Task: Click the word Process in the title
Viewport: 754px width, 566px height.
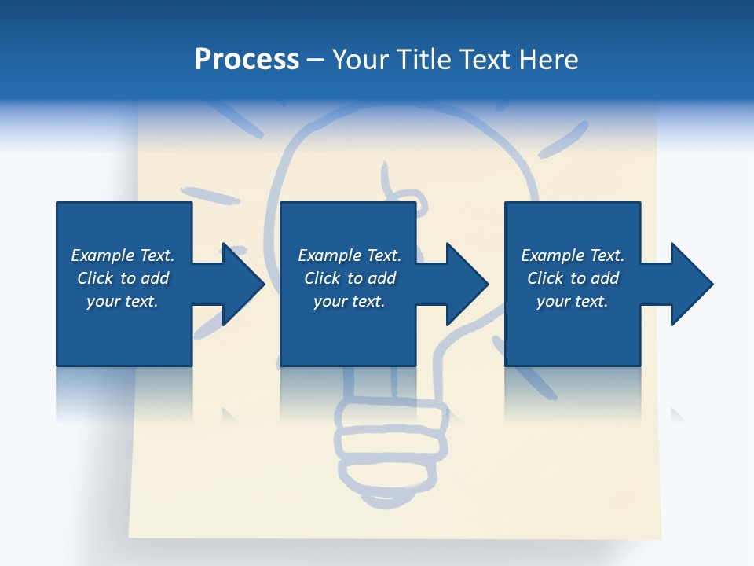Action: tap(247, 60)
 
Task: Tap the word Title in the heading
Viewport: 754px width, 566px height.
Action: tap(425, 60)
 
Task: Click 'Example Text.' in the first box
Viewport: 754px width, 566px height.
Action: tap(123, 255)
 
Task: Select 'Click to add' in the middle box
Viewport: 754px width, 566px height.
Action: tap(350, 278)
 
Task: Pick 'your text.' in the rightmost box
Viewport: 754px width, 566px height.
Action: tap(572, 301)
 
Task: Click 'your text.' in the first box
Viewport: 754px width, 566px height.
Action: tap(123, 301)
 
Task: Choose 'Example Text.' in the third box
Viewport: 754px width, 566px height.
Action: tap(573, 255)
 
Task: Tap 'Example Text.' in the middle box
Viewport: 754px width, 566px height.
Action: tap(350, 255)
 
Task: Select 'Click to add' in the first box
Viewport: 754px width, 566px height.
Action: tap(123, 278)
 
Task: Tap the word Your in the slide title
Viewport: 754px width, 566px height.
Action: tap(361, 60)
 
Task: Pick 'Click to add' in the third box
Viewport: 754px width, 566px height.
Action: tap(573, 278)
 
